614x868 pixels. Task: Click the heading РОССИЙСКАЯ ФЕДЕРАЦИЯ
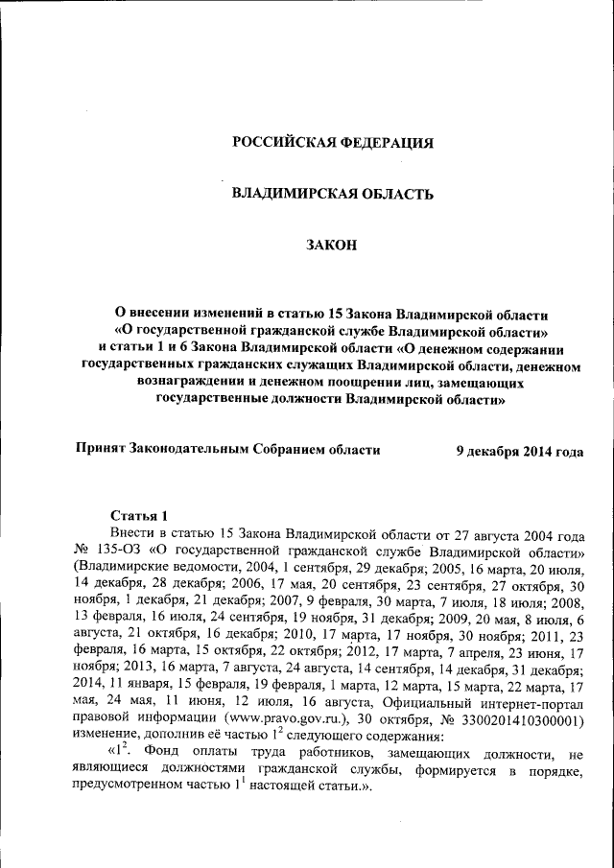tap(334, 143)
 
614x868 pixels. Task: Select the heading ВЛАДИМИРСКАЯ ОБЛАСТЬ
tap(334, 194)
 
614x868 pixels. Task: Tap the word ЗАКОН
tap(332, 246)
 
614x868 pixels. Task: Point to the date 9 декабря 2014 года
tap(519, 450)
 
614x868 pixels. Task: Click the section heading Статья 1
tap(140, 516)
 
